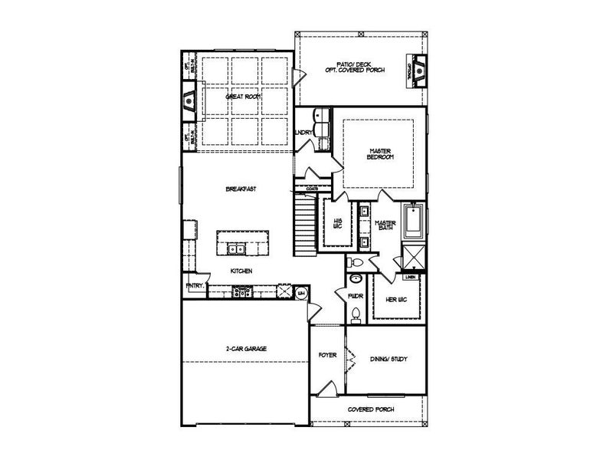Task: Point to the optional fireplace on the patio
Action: [x=417, y=66]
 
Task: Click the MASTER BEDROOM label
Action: [x=380, y=153]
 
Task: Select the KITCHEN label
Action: [x=242, y=271]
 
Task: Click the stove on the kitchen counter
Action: [x=244, y=291]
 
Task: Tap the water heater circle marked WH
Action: [x=301, y=292]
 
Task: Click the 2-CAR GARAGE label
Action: [x=245, y=348]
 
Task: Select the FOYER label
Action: [x=328, y=356]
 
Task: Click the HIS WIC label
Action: [x=336, y=222]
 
